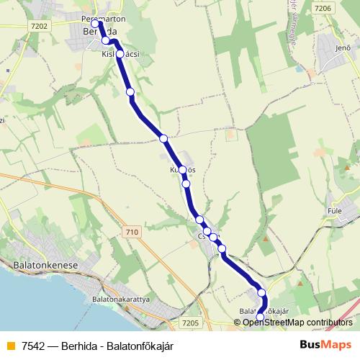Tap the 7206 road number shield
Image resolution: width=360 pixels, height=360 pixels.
pyautogui.click(x=324, y=8)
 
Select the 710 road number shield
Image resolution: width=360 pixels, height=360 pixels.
pyautogui.click(x=131, y=232)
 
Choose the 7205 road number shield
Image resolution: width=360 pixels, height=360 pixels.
pyautogui.click(x=190, y=323)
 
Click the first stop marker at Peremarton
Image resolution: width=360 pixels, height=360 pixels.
pyautogui.click(x=95, y=24)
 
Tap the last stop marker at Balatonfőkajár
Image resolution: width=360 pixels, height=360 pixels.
pyautogui.click(x=260, y=317)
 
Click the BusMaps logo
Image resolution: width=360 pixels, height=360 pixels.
pyautogui.click(x=324, y=345)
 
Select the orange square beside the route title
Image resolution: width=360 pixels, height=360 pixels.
pyautogui.click(x=10, y=346)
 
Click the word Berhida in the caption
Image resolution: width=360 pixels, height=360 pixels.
pyautogui.click(x=81, y=346)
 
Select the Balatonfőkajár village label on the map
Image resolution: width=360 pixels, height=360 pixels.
pyautogui.click(x=263, y=311)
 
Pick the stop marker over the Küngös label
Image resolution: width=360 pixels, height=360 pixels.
pyautogui.click(x=182, y=170)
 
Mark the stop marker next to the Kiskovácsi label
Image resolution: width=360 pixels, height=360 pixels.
pyautogui.click(x=120, y=54)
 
